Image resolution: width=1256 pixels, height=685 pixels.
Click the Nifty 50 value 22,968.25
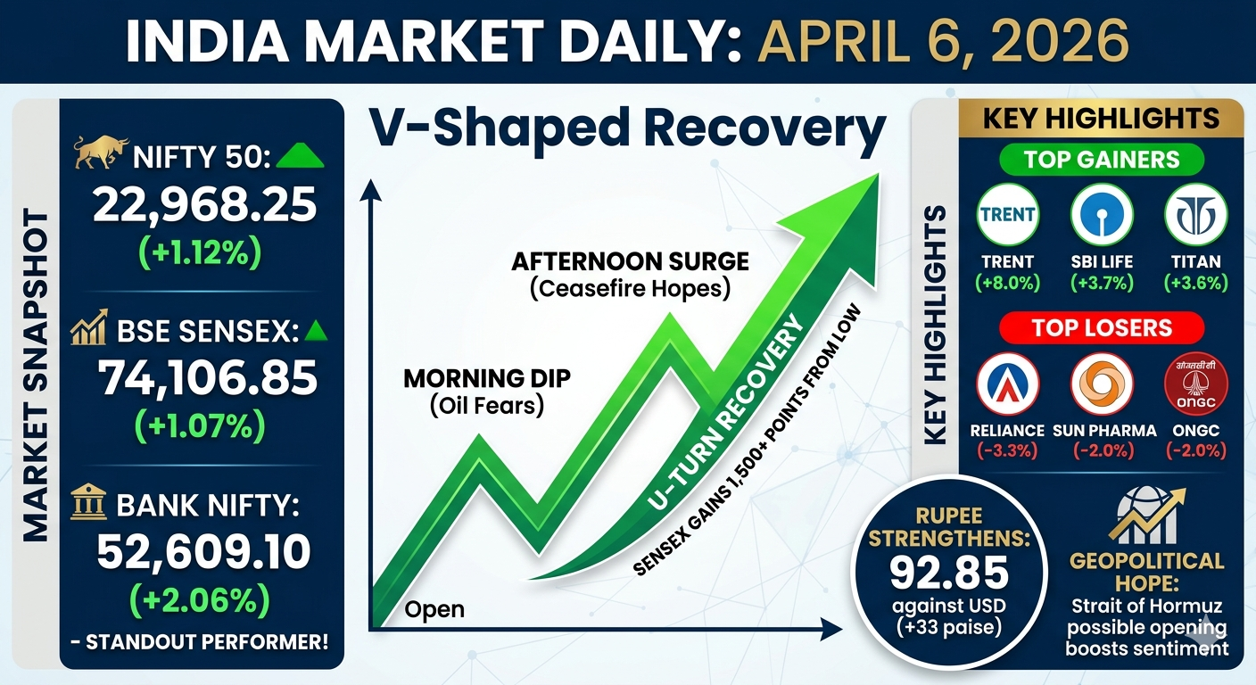204,205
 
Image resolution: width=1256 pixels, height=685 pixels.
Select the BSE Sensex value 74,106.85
208,378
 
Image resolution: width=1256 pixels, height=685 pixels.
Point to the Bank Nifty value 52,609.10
203,551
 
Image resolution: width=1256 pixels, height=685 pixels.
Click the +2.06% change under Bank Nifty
200,600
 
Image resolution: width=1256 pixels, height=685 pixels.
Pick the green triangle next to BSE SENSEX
316,331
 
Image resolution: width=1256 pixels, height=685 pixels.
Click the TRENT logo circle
1008,215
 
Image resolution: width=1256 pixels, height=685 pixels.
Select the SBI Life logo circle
1102,215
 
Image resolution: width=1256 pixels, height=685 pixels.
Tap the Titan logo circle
1196,215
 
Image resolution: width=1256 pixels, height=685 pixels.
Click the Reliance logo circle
1008,384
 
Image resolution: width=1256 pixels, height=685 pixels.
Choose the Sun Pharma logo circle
1102,384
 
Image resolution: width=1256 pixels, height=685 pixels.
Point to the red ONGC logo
1196,384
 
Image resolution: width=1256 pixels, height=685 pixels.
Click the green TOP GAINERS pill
1102,160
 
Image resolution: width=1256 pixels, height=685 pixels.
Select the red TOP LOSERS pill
1102,328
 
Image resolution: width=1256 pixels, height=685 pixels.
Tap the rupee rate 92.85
949,573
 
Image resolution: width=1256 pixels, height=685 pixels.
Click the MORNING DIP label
487,379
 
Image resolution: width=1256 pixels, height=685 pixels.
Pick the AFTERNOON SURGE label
631,261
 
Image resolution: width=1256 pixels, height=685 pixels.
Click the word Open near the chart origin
434,610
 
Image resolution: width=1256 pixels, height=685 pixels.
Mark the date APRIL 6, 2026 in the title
944,42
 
